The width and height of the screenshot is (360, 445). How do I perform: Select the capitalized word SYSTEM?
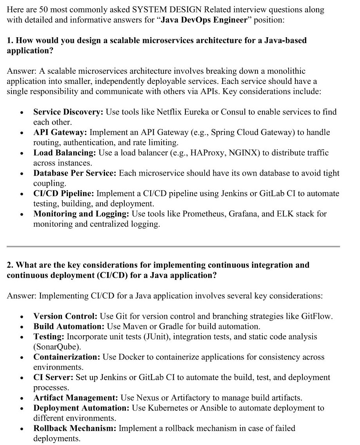click(x=149, y=10)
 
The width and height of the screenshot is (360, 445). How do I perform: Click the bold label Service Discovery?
click(x=68, y=112)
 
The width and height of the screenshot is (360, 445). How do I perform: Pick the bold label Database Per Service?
click(x=75, y=173)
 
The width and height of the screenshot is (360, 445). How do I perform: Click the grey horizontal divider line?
click(x=173, y=246)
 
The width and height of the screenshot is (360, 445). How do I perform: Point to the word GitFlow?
click(x=316, y=316)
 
